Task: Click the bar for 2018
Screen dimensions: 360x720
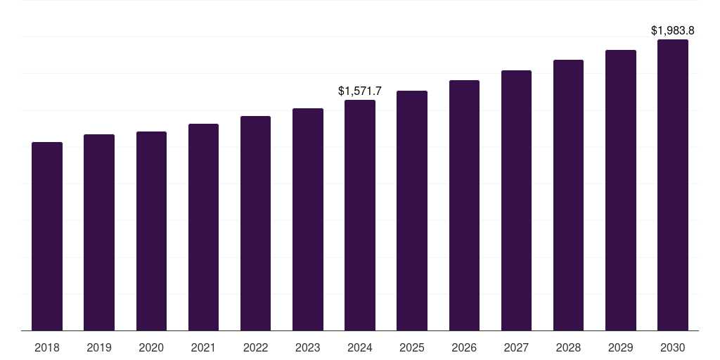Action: (x=47, y=236)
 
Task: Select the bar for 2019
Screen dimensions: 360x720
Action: (x=99, y=232)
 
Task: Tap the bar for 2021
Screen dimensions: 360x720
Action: (x=203, y=227)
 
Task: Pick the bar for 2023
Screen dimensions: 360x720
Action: (x=308, y=219)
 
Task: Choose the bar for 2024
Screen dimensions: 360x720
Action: (x=360, y=215)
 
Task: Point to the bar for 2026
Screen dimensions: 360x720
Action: (x=464, y=205)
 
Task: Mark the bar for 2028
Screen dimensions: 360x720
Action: (x=568, y=195)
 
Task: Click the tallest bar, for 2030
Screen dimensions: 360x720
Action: (x=673, y=185)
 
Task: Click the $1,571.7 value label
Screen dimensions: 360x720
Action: (x=360, y=91)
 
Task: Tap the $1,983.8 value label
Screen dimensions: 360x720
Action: (x=673, y=30)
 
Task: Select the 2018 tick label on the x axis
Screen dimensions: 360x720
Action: (x=47, y=347)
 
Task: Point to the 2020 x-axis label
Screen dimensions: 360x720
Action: (x=151, y=347)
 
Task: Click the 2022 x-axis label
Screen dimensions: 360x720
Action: (x=255, y=347)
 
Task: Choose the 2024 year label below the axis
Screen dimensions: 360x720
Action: (x=360, y=347)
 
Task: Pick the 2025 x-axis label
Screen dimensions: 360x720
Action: (x=412, y=347)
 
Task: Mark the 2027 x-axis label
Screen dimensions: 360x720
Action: (x=516, y=347)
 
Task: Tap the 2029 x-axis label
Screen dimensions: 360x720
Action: (x=620, y=347)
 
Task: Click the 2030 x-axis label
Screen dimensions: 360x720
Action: (x=673, y=347)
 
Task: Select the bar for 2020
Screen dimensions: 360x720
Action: (x=151, y=231)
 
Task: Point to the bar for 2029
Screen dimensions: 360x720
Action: (x=620, y=190)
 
